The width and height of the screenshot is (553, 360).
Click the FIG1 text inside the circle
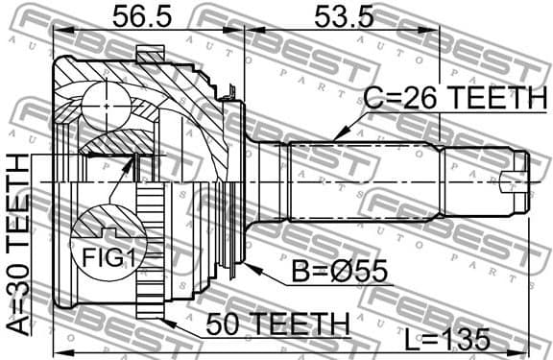point(99,257)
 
